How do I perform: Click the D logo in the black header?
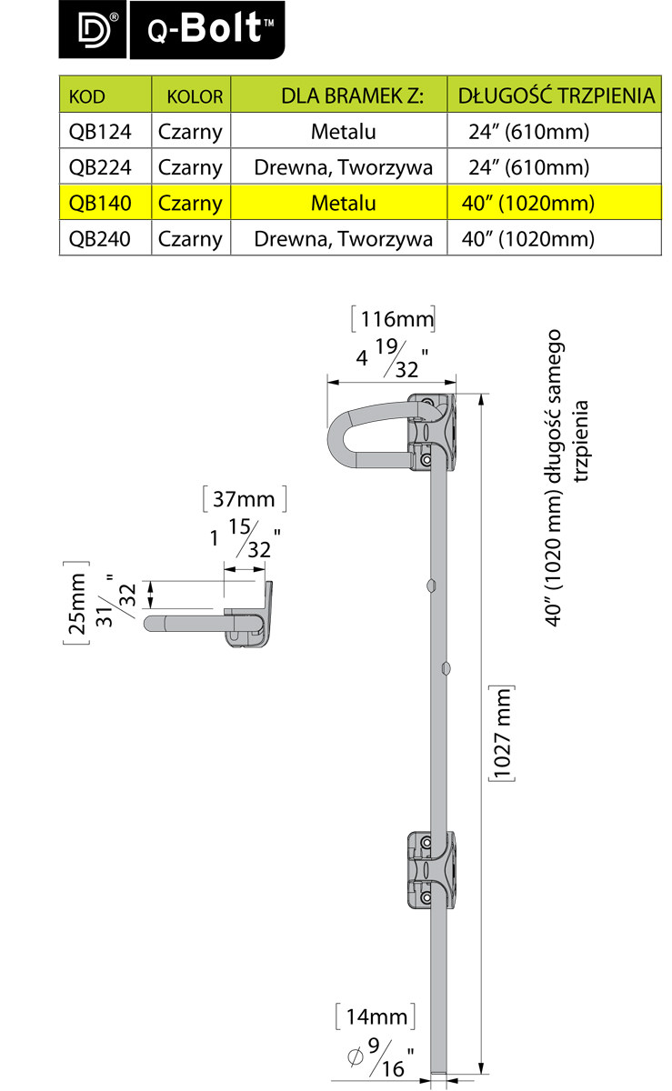[x=95, y=31]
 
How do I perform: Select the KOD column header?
[x=86, y=96]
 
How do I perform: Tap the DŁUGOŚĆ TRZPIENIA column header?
[x=556, y=95]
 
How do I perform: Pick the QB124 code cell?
[x=100, y=132]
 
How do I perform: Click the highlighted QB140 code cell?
[x=100, y=203]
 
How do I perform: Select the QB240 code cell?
[x=100, y=238]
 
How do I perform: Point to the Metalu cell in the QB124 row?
[x=343, y=132]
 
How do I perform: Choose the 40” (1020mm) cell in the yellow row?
[x=527, y=203]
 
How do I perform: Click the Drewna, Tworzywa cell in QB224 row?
[x=343, y=167]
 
